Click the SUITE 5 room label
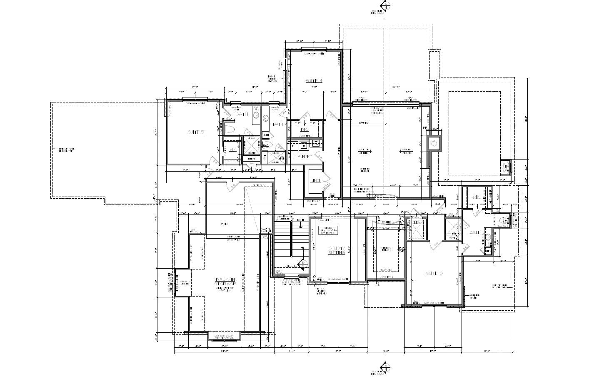click(x=195, y=132)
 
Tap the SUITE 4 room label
click(x=314, y=81)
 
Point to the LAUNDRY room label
click(x=304, y=157)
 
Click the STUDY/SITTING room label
click(x=337, y=250)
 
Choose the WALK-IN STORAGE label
click(x=225, y=282)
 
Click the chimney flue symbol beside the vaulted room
click(x=434, y=143)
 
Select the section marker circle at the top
click(x=386, y=6)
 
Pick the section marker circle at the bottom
click(x=386, y=367)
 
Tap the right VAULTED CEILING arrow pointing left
click(x=407, y=151)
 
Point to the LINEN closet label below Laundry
click(x=315, y=181)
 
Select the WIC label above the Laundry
click(x=304, y=130)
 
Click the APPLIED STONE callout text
click(x=474, y=297)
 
